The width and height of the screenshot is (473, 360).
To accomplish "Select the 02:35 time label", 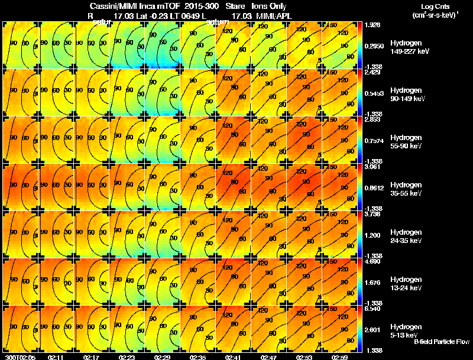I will click(199, 357).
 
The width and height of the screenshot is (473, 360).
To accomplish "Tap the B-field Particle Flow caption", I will click(441, 342).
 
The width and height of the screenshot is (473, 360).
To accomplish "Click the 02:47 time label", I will click(270, 357).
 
